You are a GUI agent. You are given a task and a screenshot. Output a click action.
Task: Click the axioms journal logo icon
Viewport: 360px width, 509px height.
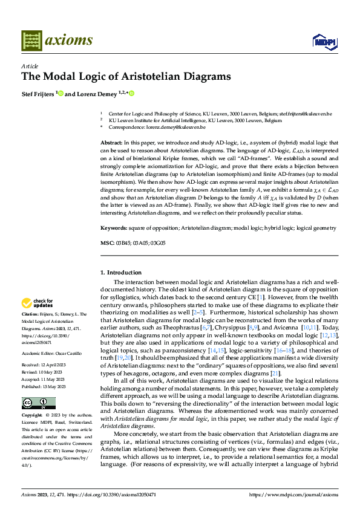click(31, 41)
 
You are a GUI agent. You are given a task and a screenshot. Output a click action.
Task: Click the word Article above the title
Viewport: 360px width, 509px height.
click(29, 66)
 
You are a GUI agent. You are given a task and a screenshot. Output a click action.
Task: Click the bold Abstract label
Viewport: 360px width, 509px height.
click(111, 141)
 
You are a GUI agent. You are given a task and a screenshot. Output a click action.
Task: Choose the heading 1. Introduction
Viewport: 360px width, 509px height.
click(121, 273)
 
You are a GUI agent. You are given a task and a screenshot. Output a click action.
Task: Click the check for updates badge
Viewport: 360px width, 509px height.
click(38, 303)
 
